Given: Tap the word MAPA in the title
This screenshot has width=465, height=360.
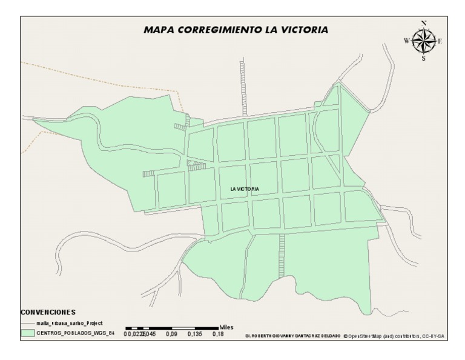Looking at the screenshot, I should [x=159, y=29].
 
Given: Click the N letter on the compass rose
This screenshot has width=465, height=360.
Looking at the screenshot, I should [x=424, y=24].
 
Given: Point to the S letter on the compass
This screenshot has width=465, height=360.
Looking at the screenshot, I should [x=423, y=59].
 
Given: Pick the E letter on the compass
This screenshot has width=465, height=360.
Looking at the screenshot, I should [x=440, y=41].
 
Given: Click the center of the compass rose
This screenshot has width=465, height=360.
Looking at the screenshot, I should [x=423, y=41].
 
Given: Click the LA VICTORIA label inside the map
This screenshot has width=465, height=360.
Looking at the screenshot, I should [x=245, y=189].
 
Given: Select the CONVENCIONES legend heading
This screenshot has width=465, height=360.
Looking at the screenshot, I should [x=48, y=312].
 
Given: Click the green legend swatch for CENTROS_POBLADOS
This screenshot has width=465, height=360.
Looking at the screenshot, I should [x=27, y=333].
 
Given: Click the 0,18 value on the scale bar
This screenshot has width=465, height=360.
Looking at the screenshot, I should [x=217, y=334].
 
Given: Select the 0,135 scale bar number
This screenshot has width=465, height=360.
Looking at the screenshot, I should [x=194, y=334].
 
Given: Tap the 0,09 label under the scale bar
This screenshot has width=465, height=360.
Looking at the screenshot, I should [x=171, y=334].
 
